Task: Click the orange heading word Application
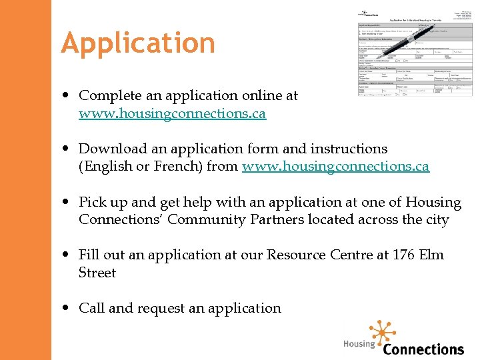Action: [138, 43]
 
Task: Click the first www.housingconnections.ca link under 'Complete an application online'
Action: [172, 113]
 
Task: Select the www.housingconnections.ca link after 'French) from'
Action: [335, 166]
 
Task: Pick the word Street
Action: [97, 273]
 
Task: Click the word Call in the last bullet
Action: [91, 308]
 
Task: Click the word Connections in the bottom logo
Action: [423, 349]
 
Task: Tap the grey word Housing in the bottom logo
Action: [359, 344]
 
